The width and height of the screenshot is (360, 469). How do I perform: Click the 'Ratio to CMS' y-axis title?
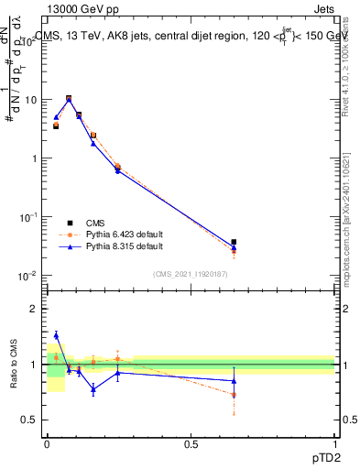pyautogui.click(x=15, y=365)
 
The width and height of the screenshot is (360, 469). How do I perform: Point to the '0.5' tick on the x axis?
pyautogui.click(x=191, y=444)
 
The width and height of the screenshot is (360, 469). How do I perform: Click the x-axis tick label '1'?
pyautogui.click(x=335, y=444)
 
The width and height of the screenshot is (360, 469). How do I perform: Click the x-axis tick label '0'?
pyautogui.click(x=47, y=444)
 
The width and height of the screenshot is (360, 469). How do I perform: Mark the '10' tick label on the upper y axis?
pyautogui.click(x=31, y=99)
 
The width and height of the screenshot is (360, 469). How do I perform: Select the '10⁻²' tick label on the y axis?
pyautogui.click(x=29, y=275)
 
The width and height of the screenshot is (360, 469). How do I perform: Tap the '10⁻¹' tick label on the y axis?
pyautogui.click(x=29, y=216)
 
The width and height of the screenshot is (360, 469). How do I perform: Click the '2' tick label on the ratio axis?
pyautogui.click(x=35, y=310)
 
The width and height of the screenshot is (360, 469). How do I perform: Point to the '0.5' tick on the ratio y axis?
pyautogui.click(x=30, y=420)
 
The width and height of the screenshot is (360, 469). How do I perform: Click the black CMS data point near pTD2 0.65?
pyautogui.click(x=234, y=242)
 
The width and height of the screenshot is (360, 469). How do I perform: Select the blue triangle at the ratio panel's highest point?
pyautogui.click(x=56, y=335)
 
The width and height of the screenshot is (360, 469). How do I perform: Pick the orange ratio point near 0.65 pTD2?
pyautogui.click(x=234, y=395)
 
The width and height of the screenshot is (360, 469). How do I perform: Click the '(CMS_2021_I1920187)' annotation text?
pyautogui.click(x=191, y=274)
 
